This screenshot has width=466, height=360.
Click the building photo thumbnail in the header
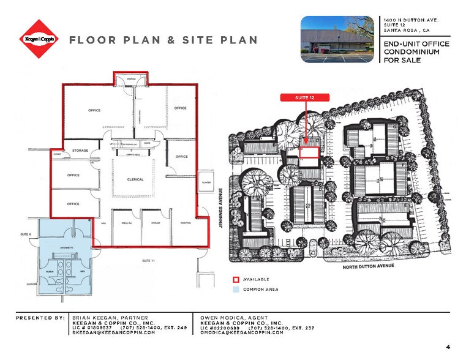[x=339, y=39]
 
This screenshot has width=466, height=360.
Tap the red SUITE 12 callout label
[x=305, y=97]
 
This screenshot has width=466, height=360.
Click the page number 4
[x=448, y=347]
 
